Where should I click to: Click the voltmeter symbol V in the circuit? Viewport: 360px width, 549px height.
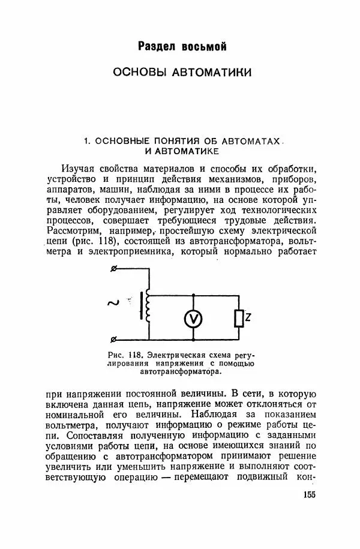pyautogui.click(x=194, y=319)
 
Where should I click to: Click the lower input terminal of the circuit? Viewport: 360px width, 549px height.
pyautogui.click(x=115, y=340)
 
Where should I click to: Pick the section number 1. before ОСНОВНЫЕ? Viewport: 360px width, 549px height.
pyautogui.click(x=86, y=141)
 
